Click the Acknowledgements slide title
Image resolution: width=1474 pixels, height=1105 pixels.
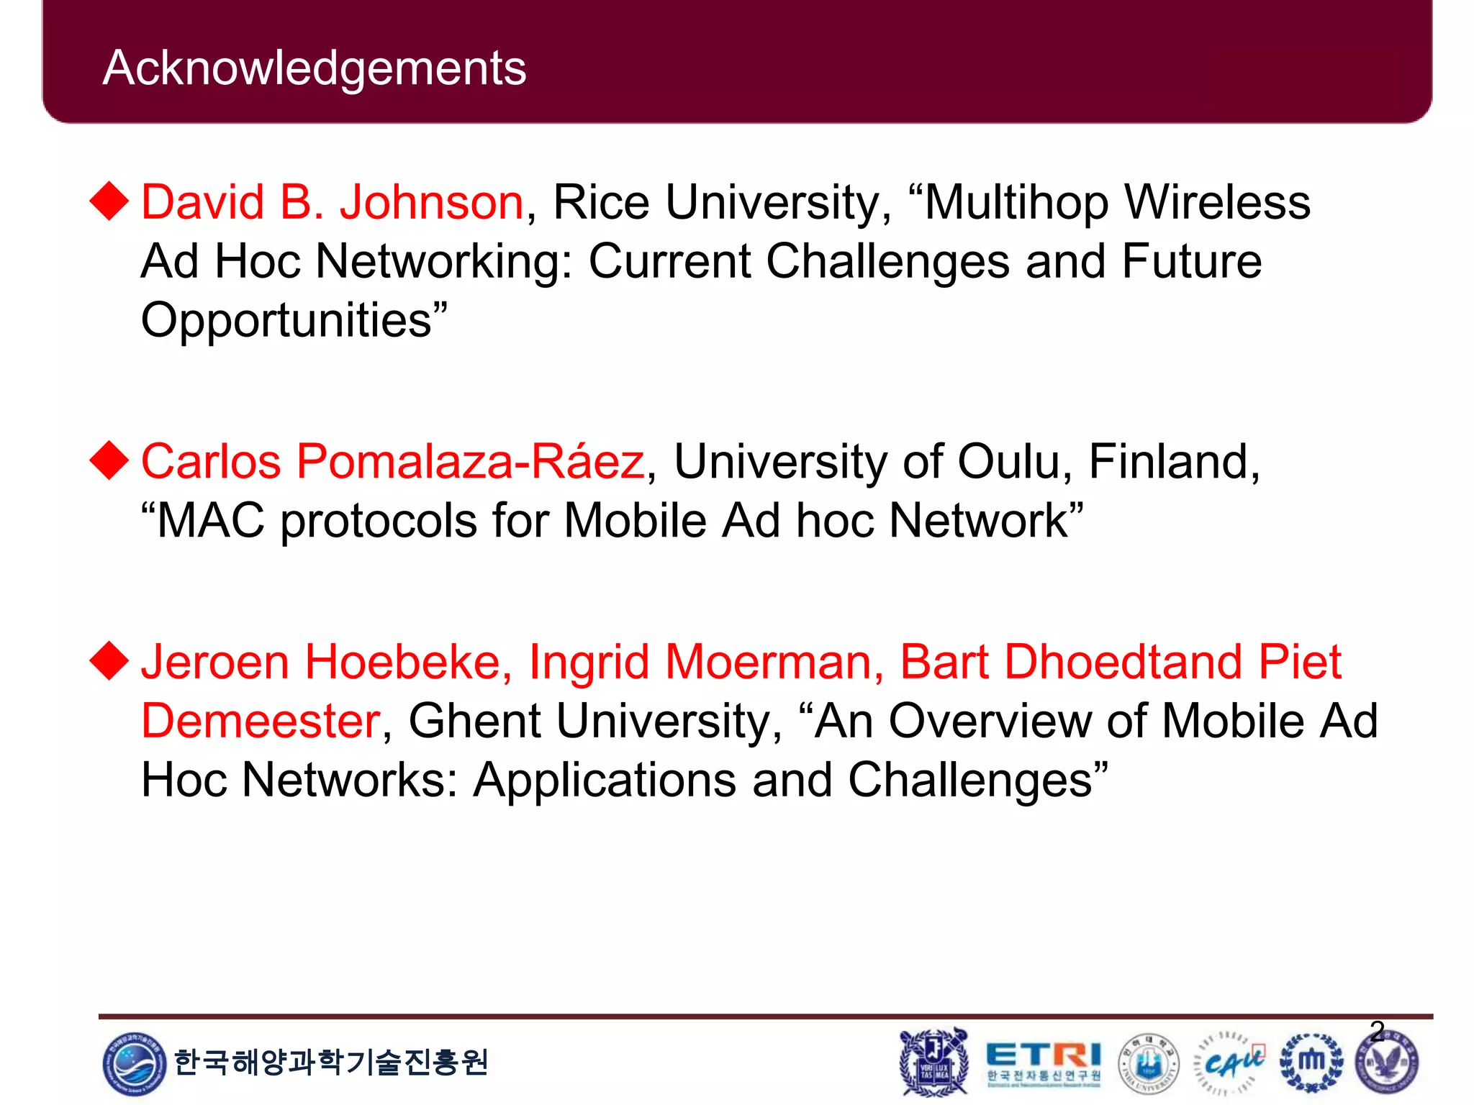point(315,68)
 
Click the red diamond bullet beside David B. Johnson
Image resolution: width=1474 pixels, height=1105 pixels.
point(109,201)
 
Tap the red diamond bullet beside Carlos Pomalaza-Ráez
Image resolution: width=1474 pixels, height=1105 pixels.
point(109,460)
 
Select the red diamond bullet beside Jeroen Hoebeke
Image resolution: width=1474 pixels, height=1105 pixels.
point(109,660)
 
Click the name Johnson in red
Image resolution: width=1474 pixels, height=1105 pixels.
point(432,202)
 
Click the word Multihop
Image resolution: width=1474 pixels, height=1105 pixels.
point(1016,204)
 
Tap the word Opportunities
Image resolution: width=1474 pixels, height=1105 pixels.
point(286,321)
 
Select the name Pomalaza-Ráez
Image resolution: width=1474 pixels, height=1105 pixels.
point(470,462)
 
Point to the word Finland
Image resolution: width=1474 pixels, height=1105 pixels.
point(1172,462)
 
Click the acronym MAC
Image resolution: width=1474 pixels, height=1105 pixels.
point(211,520)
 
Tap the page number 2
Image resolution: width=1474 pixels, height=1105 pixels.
point(1377,1032)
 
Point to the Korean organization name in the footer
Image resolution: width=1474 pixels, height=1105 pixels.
point(331,1063)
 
